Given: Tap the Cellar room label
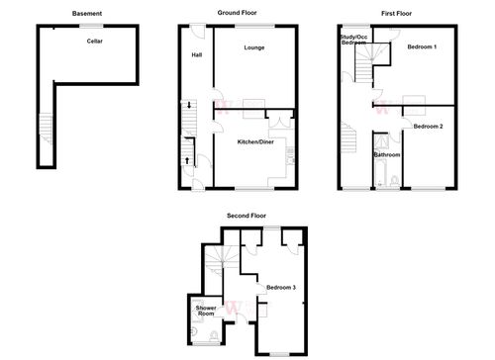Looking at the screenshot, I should (95, 43).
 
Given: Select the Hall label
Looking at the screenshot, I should (197, 54).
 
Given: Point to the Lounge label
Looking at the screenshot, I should (253, 46).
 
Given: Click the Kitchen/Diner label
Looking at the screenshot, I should (255, 143).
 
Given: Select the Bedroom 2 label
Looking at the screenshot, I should (428, 127).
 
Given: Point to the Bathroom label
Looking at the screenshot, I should (386, 155).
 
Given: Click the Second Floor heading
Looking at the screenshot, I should (246, 215).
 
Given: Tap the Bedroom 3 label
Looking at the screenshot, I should (280, 288).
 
